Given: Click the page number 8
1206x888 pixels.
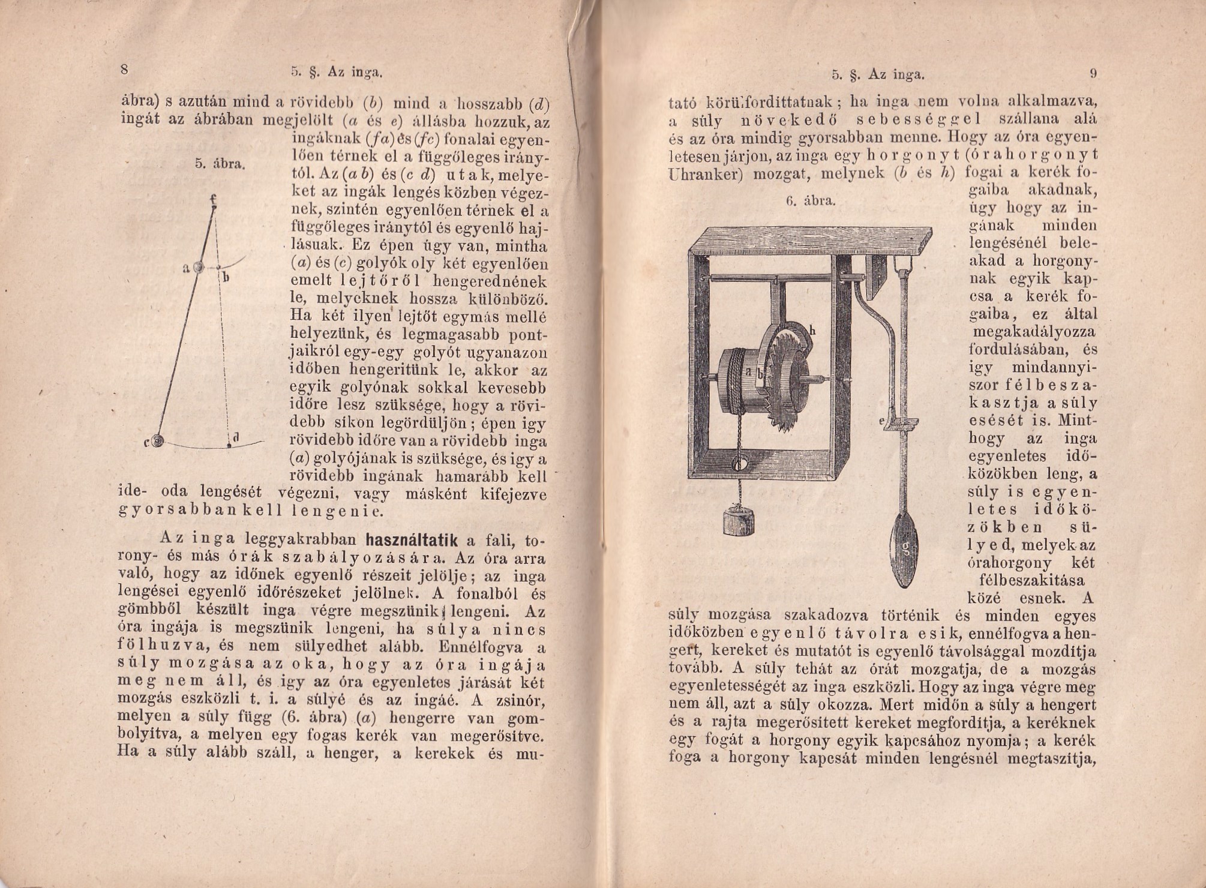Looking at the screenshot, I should [x=125, y=69].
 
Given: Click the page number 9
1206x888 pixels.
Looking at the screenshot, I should [x=1093, y=74].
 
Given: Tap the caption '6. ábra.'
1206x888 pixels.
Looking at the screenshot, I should [x=811, y=200].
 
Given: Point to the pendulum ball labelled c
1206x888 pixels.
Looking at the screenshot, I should [x=158, y=442].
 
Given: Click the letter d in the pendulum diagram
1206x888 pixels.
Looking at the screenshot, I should [x=236, y=438].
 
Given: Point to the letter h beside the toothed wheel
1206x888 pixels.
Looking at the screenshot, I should [x=812, y=331].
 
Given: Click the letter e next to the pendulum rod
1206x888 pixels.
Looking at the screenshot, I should [x=882, y=422].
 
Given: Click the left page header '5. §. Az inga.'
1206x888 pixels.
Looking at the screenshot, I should [x=336, y=73].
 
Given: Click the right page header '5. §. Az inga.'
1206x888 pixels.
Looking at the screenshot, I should [x=878, y=75].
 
